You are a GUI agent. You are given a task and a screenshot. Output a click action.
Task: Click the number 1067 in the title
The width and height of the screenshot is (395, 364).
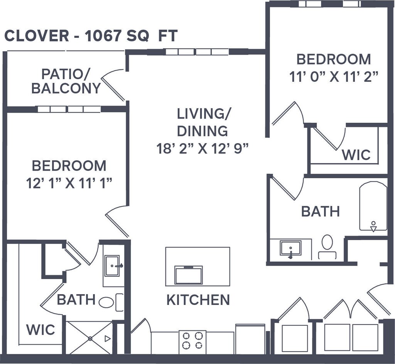[103, 36]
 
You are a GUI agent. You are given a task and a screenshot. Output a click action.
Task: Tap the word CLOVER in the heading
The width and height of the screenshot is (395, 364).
[37, 36]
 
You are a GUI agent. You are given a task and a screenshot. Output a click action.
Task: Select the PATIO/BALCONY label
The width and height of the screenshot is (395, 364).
[66, 81]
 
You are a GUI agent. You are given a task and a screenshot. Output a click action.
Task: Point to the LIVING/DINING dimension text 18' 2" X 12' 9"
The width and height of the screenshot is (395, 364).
[203, 149]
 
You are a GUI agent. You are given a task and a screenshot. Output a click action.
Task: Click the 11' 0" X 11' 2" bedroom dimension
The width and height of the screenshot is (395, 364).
[334, 77]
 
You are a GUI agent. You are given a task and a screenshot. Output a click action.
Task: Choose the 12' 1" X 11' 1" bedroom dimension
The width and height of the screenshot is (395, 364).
[69, 183]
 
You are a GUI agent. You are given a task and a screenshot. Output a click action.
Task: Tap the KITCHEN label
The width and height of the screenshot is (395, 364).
[198, 300]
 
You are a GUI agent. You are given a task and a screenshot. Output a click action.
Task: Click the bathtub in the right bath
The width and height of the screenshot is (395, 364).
[373, 206]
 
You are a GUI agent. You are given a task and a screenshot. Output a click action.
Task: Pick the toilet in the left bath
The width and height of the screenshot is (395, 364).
[111, 302]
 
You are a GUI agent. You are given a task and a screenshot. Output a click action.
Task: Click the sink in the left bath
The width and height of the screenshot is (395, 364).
[112, 266]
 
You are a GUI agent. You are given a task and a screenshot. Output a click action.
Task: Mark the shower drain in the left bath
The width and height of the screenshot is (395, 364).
[90, 339]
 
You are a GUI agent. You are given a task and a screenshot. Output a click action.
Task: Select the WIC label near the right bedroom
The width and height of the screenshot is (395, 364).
[356, 155]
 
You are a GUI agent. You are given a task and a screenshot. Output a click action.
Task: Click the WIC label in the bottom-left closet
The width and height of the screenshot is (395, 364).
[41, 330]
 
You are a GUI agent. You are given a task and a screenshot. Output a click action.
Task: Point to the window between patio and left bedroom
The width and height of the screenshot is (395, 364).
[69, 109]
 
